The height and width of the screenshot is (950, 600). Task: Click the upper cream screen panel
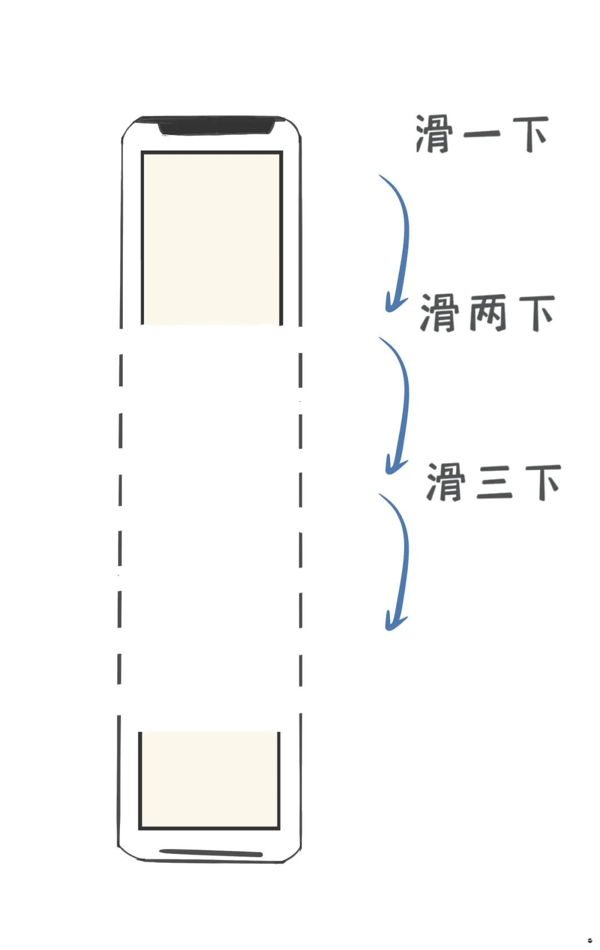pyautogui.click(x=212, y=239)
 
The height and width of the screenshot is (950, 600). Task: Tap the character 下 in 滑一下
pyautogui.click(x=531, y=134)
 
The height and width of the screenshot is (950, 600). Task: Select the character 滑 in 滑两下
pyautogui.click(x=438, y=313)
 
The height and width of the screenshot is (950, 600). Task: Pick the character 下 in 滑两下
pyautogui.click(x=537, y=313)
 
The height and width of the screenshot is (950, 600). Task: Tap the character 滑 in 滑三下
pyautogui.click(x=445, y=483)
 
